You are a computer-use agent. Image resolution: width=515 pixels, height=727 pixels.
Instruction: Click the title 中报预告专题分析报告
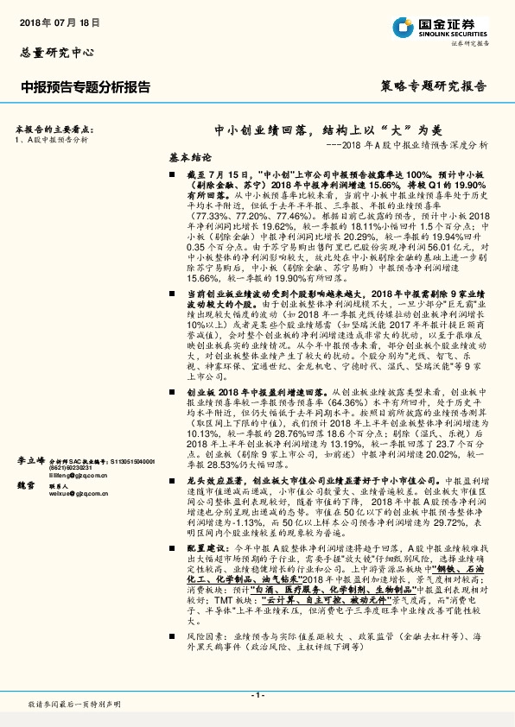click(x=85, y=87)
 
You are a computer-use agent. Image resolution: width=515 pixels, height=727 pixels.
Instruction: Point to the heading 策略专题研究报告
click(x=433, y=86)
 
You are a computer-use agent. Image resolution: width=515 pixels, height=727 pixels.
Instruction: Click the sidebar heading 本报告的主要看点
click(x=54, y=127)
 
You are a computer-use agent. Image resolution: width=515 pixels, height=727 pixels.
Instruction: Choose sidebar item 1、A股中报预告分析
click(x=52, y=138)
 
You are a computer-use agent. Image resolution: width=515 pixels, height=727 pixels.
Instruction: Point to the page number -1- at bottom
click(x=257, y=692)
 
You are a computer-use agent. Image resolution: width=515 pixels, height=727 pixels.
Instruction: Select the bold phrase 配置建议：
click(x=207, y=548)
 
